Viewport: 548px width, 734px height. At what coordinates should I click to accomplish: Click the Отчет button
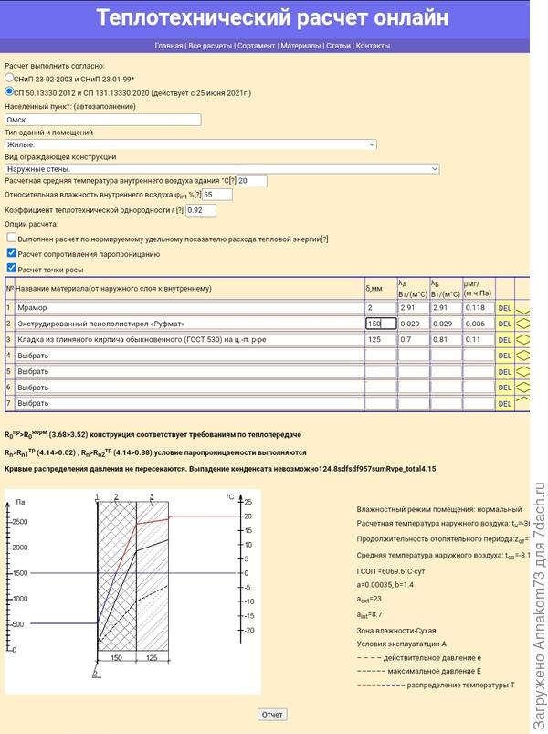coord(272,714)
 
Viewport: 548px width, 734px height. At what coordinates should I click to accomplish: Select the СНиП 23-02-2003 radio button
coord(10,79)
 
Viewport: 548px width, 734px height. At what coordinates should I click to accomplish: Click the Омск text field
coord(102,119)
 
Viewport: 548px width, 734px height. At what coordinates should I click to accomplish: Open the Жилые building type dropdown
coord(191,144)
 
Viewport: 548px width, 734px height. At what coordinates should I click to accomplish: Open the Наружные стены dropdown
coord(222,168)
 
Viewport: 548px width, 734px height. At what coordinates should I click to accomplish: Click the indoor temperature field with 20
coord(251,181)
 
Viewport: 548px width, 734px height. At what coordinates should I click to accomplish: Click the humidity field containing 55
coord(217,195)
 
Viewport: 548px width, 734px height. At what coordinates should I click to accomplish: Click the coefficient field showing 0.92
coord(201,210)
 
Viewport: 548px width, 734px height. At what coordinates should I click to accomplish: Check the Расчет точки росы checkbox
coord(11,268)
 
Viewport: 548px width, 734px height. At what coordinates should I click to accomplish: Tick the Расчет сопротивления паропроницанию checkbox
coord(11,253)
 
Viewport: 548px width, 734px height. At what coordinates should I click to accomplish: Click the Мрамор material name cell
coord(188,308)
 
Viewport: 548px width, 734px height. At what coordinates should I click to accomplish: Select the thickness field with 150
coord(380,324)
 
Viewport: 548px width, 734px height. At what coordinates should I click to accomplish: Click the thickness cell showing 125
coord(380,339)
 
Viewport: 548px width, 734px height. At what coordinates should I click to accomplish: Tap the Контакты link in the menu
coord(373,45)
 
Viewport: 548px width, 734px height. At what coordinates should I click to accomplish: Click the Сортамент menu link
coord(258,45)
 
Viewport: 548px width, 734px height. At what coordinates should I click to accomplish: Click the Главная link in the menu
coord(169,45)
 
